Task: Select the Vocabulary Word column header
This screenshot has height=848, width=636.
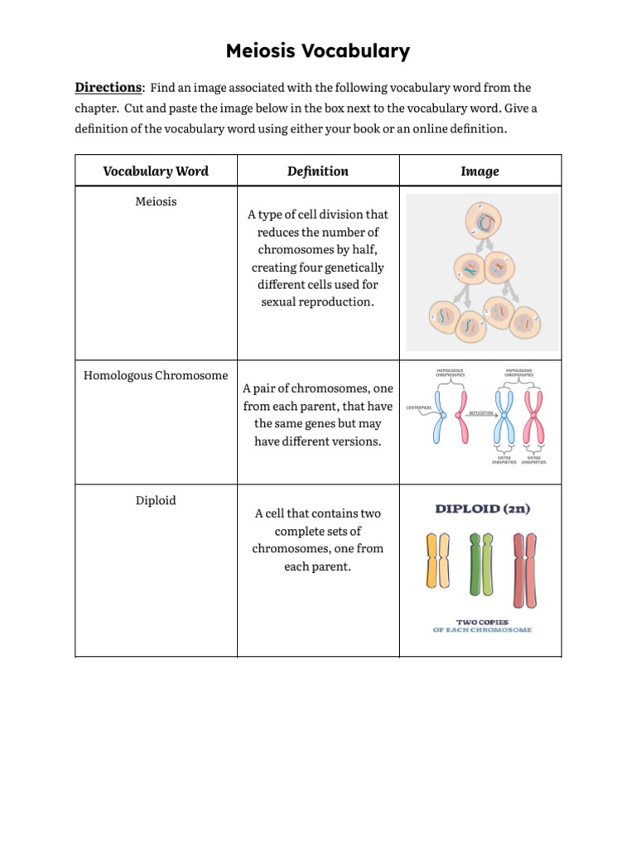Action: click(x=156, y=171)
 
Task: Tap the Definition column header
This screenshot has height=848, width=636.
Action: click(x=318, y=171)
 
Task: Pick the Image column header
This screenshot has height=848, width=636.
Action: click(x=479, y=171)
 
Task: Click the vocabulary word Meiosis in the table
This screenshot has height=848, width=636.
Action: click(x=156, y=201)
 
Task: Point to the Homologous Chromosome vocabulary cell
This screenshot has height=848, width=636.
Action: click(x=156, y=375)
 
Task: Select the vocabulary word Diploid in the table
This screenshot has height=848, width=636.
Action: click(x=156, y=500)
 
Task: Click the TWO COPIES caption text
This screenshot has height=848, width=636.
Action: click(x=482, y=621)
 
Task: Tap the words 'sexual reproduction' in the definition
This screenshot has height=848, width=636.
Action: click(x=318, y=301)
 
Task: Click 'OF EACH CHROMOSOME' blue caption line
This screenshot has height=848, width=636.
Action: click(x=482, y=630)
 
